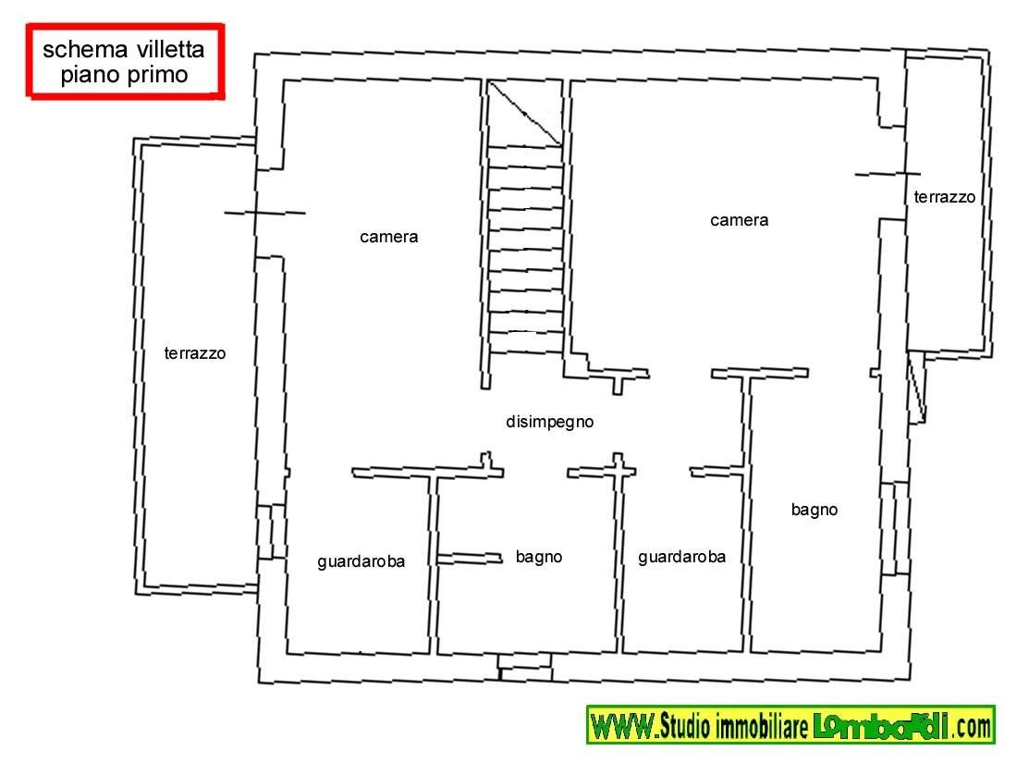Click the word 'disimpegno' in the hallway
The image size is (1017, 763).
point(549,423)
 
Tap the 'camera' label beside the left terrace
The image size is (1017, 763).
point(388,237)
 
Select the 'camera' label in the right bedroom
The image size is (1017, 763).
point(739,221)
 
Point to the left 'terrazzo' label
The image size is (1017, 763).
point(194,353)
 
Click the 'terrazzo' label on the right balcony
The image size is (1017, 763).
point(944,197)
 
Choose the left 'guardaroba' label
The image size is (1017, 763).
point(361,562)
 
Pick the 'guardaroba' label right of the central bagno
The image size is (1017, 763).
point(681,558)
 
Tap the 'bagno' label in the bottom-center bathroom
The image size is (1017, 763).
point(538,558)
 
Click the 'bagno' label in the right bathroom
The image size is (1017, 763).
point(814,510)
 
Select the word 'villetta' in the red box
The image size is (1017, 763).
point(171,49)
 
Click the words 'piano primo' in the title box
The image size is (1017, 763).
point(124,75)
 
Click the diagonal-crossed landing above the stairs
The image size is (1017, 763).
point(524,113)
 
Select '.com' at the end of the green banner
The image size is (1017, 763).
point(972,726)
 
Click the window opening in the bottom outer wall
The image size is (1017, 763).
point(525,667)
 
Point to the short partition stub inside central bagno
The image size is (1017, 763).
point(470,558)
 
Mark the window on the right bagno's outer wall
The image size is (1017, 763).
point(894,528)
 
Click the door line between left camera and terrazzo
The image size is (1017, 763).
point(264,213)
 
